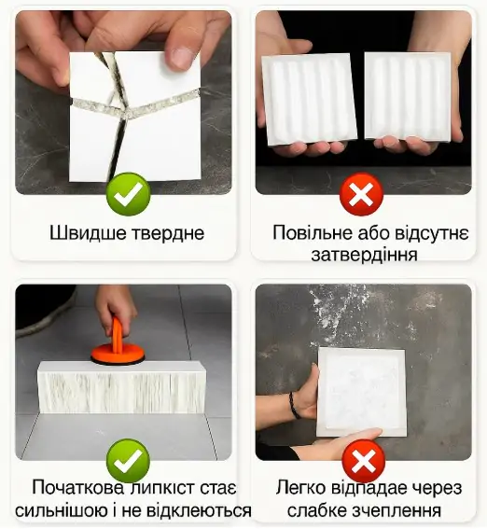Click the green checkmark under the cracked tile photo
pos(128,194)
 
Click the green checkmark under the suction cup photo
pos(128,461)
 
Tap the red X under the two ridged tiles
pos(361,194)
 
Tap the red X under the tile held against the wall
pos(363,461)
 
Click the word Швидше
pos(89,233)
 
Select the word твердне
pos(169,233)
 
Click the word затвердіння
pos(364,255)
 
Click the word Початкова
pos(78,488)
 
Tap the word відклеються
pos(199,511)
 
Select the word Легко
pos(301,488)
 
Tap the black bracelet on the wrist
pos(294,405)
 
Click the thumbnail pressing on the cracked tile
pos(180,56)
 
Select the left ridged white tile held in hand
pos(309,100)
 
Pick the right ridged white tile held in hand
pos(409,95)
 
